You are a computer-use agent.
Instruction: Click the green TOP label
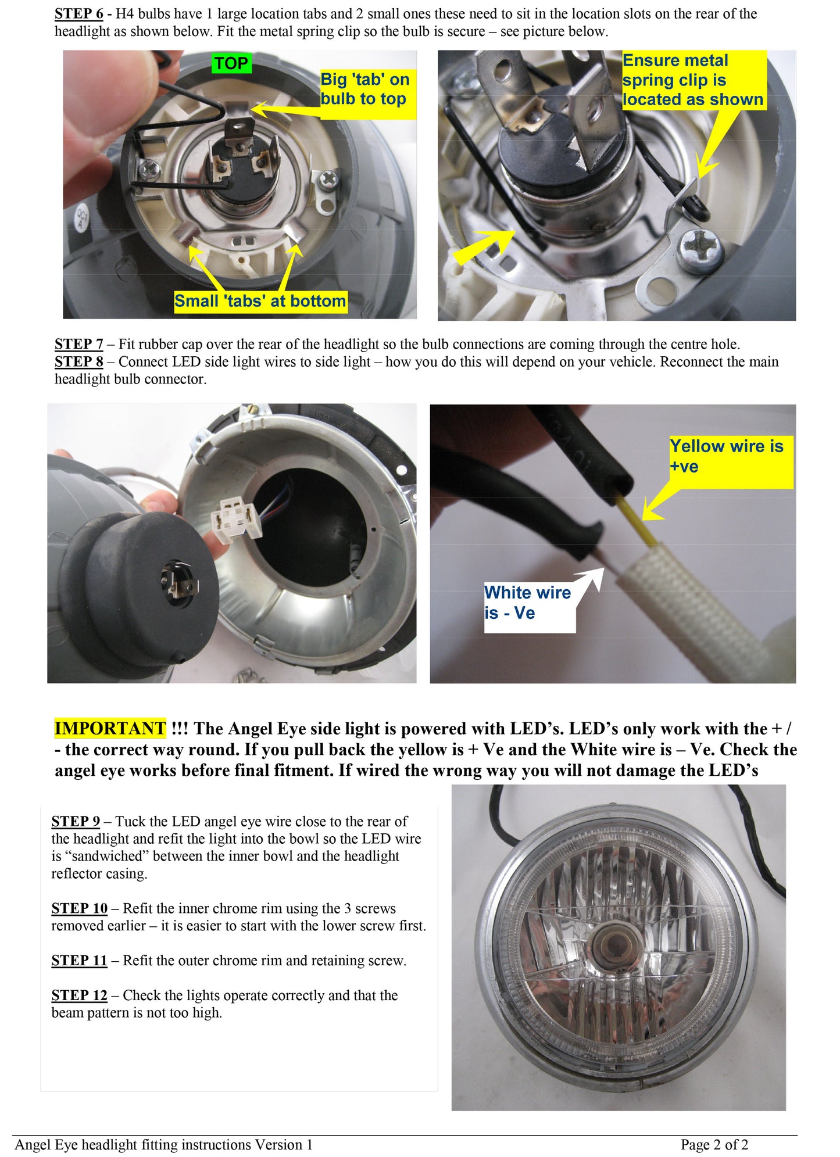click(231, 63)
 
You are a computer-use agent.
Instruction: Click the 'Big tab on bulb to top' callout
click(365, 89)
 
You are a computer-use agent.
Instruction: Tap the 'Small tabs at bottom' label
click(260, 301)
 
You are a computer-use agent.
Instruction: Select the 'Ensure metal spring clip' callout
click(692, 80)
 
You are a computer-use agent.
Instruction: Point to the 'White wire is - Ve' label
click(528, 603)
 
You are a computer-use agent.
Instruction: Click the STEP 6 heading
click(78, 13)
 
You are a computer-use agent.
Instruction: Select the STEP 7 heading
click(78, 344)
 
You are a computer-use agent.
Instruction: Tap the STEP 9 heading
click(76, 821)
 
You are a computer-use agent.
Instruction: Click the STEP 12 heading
click(79, 995)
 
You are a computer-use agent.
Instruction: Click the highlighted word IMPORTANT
click(110, 728)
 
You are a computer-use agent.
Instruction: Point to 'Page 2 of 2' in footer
click(714, 1144)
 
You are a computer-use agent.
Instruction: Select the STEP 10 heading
click(79, 908)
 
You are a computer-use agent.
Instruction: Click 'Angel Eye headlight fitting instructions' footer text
click(163, 1144)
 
